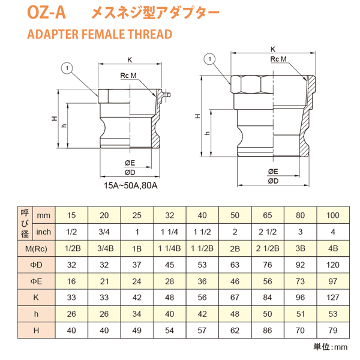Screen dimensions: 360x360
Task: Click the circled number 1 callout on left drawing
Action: (67, 68)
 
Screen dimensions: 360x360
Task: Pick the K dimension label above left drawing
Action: (130, 59)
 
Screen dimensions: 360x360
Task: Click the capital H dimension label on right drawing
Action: (196, 116)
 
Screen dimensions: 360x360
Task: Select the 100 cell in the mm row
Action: (332, 215)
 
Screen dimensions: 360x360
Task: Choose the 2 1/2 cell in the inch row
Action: (267, 232)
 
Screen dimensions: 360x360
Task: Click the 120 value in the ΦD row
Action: (332, 265)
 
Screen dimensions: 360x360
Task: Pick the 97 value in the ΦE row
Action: (332, 281)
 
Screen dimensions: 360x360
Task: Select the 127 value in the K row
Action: (332, 297)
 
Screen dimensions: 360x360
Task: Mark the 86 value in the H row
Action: (267, 329)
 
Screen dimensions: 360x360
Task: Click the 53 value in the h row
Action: (332, 313)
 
